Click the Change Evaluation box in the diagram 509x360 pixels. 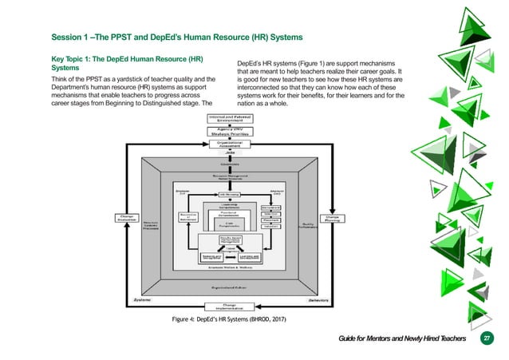point(127,217)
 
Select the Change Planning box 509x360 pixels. point(331,217)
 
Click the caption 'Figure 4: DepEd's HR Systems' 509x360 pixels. point(230,319)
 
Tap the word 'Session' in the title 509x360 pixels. point(70,38)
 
